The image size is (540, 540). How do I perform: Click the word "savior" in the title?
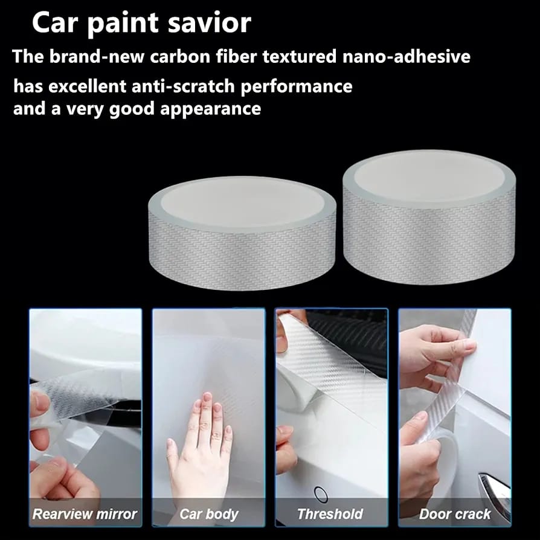tap(210, 23)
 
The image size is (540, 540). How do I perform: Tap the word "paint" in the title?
tap(123, 24)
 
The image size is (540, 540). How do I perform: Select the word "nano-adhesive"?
tap(406, 56)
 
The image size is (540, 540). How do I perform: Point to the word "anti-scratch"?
tap(183, 86)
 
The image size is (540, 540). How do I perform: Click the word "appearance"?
tap(210, 109)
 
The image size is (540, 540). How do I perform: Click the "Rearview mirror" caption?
tap(85, 514)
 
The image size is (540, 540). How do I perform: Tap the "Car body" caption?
tap(209, 515)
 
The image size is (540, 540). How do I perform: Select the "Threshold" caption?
tap(330, 514)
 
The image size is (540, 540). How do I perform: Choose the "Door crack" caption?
tap(455, 514)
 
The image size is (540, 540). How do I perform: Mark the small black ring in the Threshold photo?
tap(321, 494)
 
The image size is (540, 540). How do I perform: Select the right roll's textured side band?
tap(429, 237)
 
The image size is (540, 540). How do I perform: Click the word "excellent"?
tap(87, 86)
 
